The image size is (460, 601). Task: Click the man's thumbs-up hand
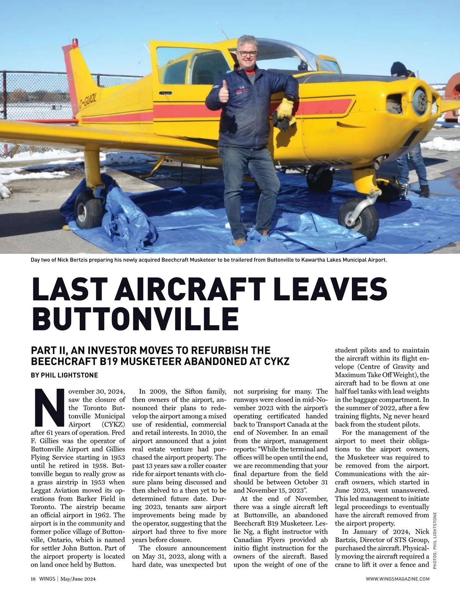(223, 92)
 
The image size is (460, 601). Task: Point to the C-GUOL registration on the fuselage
(88, 100)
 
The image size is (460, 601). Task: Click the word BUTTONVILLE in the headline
(135, 318)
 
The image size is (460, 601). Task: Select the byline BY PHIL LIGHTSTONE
(64, 375)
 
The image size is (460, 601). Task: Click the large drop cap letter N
(49, 407)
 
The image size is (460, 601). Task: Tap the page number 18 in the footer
(33, 579)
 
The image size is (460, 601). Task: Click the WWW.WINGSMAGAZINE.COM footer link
(398, 579)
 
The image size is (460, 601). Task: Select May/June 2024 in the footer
(75, 579)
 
